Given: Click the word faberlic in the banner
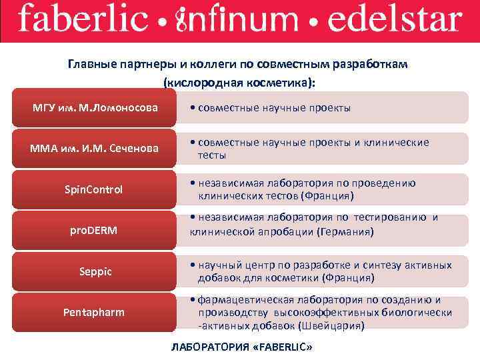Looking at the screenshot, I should tap(83, 20).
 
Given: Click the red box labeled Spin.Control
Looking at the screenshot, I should tap(93, 189).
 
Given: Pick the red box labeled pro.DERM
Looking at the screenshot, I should tap(93, 231).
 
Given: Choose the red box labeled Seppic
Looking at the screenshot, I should tap(93, 271).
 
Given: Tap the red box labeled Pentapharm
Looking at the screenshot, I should tap(93, 311).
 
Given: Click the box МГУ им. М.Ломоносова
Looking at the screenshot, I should tap(93, 107).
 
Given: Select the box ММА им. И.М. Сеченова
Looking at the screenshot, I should tap(93, 148).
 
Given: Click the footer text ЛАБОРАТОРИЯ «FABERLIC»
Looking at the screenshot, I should tap(241, 348).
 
